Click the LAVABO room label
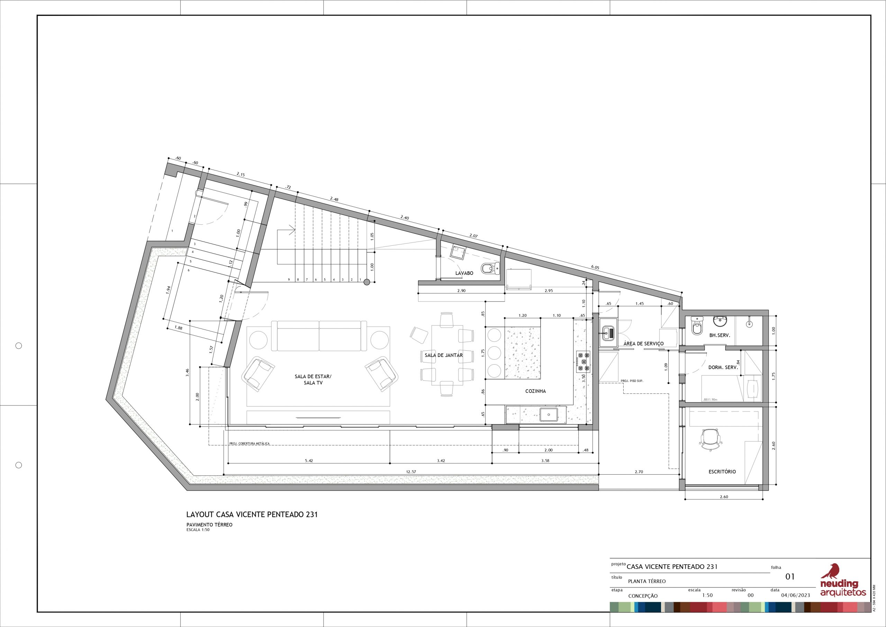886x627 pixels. (x=464, y=273)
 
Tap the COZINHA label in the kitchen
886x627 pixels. (x=536, y=391)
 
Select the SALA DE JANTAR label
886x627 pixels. (x=444, y=355)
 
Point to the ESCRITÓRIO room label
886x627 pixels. (x=722, y=472)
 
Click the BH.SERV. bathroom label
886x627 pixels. (x=720, y=335)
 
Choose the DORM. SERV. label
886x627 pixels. (x=723, y=368)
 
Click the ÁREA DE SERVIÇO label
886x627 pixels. (x=644, y=343)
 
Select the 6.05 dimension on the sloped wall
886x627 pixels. (x=595, y=267)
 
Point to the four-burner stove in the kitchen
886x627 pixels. (x=583, y=361)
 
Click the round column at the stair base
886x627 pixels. (x=367, y=282)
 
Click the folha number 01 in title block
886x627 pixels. (x=790, y=587)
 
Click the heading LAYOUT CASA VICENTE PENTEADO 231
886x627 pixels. (x=252, y=514)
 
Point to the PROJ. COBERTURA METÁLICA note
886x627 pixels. (x=249, y=444)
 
